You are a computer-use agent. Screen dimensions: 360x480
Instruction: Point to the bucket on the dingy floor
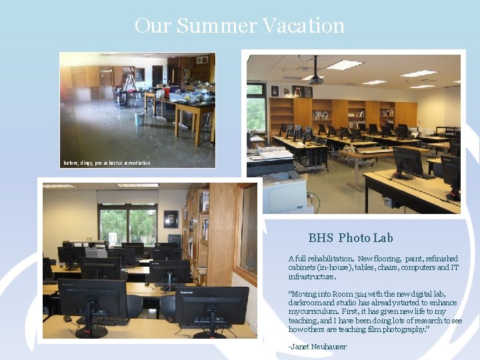click(x=139, y=118)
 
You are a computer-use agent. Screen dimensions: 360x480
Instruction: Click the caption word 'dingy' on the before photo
click(x=87, y=163)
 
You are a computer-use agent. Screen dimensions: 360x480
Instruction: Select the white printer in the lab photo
click(x=283, y=192)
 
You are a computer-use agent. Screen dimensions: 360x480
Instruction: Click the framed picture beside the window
click(x=171, y=219)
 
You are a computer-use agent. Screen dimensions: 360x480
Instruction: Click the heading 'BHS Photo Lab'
click(x=351, y=238)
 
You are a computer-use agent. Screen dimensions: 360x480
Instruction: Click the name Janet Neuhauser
click(x=317, y=346)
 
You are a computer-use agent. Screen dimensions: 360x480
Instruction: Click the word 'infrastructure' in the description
click(x=311, y=276)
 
